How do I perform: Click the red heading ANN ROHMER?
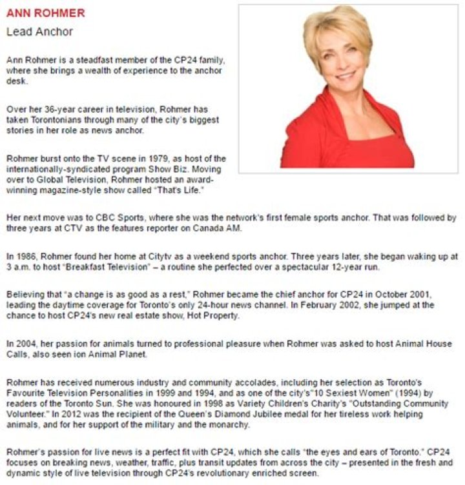coord(45,14)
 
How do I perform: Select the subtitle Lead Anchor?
coord(39,31)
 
